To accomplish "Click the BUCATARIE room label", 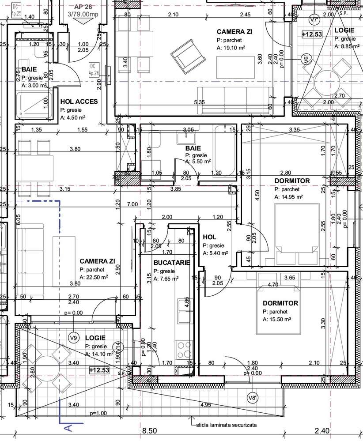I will [172, 262].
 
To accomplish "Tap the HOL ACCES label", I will [79, 102].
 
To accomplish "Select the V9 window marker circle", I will [74, 338].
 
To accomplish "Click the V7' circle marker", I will [314, 20].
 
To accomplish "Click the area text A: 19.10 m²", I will [231, 48].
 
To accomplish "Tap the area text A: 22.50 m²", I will [94, 277].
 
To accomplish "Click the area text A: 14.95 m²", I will [289, 197].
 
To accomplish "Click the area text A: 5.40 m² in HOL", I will [215, 253].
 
